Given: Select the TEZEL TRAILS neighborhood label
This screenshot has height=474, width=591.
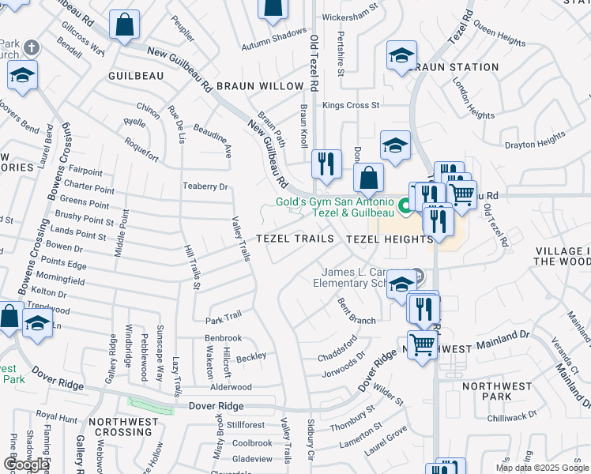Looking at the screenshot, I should [x=288, y=239].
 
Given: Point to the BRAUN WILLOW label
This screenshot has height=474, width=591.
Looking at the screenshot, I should [x=260, y=86].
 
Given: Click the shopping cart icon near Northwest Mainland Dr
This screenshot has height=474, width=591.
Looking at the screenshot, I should [x=423, y=344].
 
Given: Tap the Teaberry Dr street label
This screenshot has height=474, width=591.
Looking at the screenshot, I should [x=205, y=186].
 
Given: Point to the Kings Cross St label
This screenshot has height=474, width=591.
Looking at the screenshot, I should [x=351, y=105].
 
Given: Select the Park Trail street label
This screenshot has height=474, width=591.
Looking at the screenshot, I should [x=224, y=318].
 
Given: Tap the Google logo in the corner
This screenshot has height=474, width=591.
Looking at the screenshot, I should [x=26, y=465].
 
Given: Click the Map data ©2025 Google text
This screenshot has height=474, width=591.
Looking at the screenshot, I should [x=542, y=468].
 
